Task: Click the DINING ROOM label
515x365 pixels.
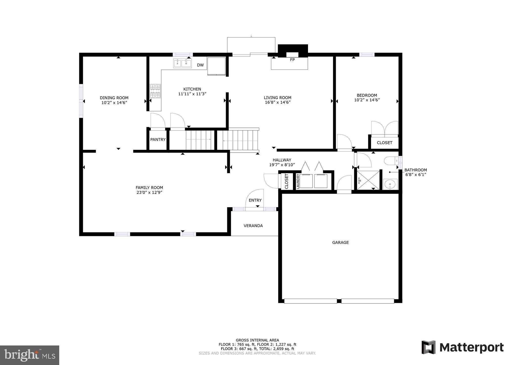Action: [114, 98]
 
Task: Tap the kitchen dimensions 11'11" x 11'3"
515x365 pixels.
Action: [192, 94]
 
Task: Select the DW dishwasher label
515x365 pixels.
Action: [200, 65]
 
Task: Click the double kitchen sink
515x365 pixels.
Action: [182, 63]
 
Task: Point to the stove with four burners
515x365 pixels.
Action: [155, 91]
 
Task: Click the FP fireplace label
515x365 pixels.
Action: [292, 60]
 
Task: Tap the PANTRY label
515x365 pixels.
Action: [158, 140]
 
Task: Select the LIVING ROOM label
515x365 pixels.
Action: [277, 98]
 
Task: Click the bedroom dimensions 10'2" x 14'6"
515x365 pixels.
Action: [367, 100]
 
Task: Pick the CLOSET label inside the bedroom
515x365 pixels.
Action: [384, 143]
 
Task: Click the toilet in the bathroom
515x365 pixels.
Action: [390, 161]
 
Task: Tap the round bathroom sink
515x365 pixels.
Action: [390, 184]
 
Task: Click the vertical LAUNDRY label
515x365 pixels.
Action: [298, 181]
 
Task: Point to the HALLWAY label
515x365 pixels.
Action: [282, 160]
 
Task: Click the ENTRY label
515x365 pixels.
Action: [255, 200]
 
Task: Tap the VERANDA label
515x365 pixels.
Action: [253, 226]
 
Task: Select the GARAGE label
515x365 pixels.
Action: [340, 243]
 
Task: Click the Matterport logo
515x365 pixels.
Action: [462, 347]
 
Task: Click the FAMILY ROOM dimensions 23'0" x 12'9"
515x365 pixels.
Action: [149, 192]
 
